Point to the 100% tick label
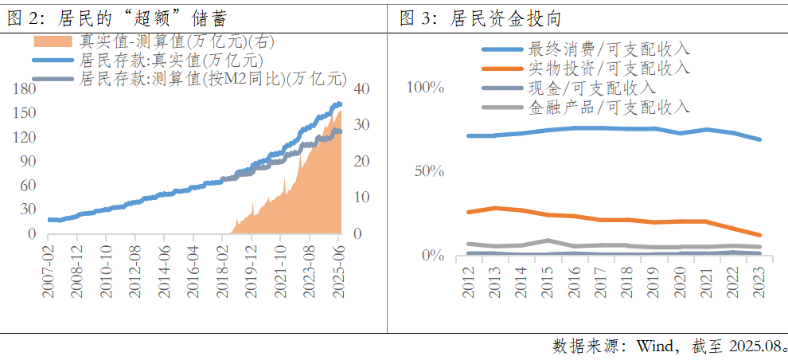coord(425,87)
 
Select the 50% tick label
coord(430,170)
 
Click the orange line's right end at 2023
coord(759,235)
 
